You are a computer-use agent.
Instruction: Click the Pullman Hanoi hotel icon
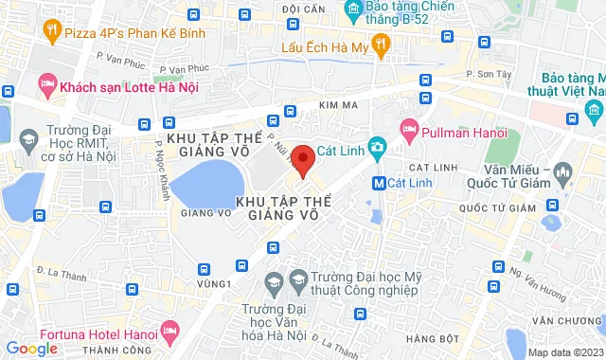click(409, 127)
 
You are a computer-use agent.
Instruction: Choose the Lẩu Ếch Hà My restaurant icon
click(381, 43)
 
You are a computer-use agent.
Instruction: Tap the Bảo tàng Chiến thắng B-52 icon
click(354, 11)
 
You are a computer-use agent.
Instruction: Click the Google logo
click(32, 349)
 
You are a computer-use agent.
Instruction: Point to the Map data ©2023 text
click(565, 352)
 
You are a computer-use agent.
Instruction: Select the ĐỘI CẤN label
click(303, 9)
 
